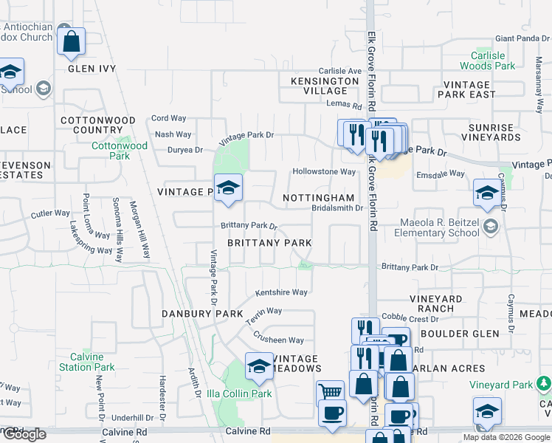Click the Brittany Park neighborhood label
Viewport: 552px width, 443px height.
point(269,243)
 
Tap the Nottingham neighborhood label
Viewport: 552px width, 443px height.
point(319,199)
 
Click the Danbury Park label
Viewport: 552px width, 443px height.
point(202,314)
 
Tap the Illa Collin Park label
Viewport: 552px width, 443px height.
point(239,394)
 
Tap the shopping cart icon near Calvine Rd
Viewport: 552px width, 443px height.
point(329,391)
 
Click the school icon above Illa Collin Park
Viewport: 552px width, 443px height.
point(259,365)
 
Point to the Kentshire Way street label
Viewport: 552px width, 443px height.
point(281,292)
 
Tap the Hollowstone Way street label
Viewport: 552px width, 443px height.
point(324,172)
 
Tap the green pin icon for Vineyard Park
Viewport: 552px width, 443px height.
point(544,383)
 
